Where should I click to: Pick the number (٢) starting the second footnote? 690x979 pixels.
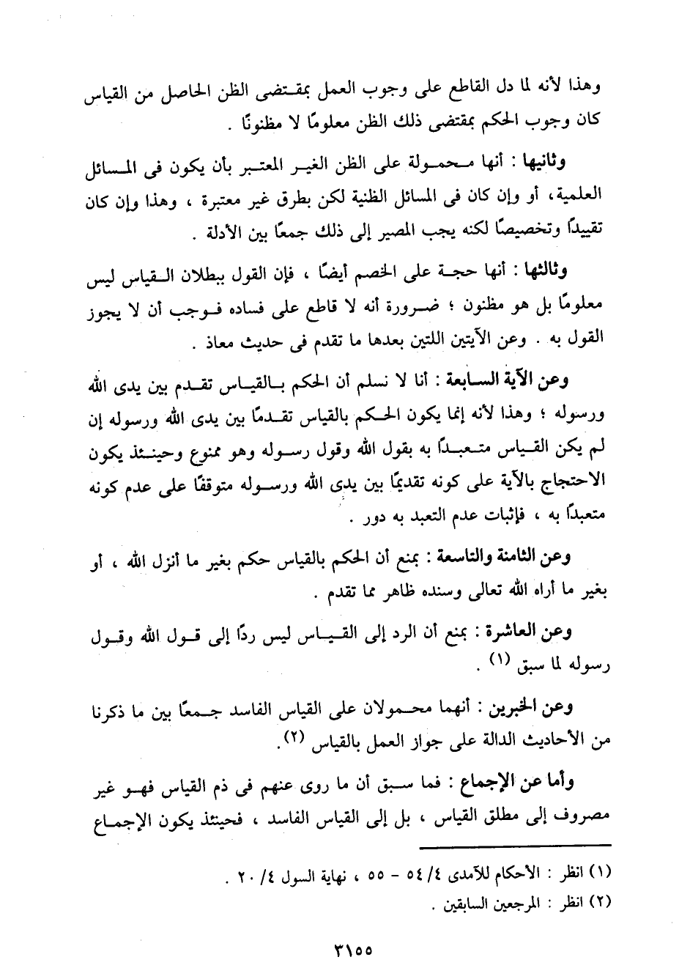pos(601,903)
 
